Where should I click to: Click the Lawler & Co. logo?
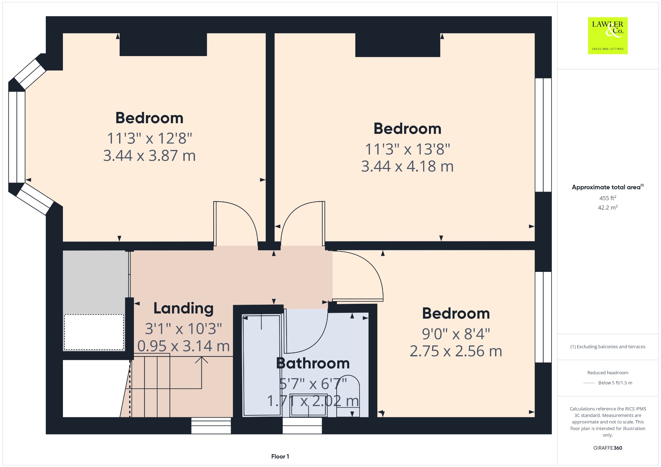(x=608, y=35)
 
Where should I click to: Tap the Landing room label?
(x=183, y=308)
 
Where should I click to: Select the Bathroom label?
(x=313, y=363)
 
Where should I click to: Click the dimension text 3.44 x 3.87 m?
(x=149, y=156)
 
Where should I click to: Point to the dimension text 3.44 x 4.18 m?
(x=407, y=166)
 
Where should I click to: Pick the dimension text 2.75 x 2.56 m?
(x=456, y=351)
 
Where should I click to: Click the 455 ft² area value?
(x=608, y=198)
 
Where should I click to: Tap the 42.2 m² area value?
(x=608, y=207)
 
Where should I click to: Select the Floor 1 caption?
(x=280, y=456)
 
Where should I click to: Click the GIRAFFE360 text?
(x=608, y=448)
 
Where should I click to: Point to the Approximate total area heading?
(x=608, y=187)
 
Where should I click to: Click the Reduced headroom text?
(x=608, y=373)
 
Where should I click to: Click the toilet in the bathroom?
(x=348, y=397)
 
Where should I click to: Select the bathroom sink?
(x=309, y=405)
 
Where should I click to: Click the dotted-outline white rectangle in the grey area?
(x=94, y=332)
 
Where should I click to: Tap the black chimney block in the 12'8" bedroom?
(x=163, y=45)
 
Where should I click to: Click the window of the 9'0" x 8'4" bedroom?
(x=543, y=317)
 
